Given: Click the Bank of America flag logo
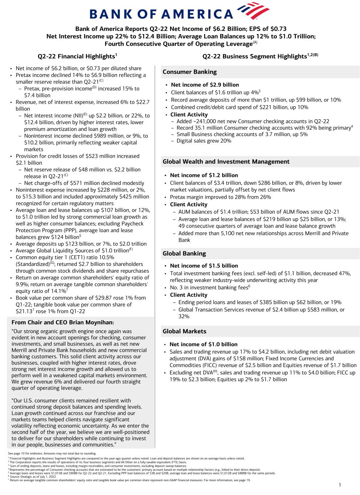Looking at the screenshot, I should coord(252,11).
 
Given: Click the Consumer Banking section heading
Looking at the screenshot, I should coord(190,72).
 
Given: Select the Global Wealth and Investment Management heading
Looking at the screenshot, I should coord(226,162).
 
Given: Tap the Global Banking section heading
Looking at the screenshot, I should coord(184,253).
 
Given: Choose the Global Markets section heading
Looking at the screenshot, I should coord(184,331).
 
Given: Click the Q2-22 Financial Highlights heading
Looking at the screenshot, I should coord(77,56).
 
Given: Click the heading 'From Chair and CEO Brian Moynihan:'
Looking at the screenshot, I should coord(63,322).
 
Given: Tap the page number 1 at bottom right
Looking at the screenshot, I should coord(340,485).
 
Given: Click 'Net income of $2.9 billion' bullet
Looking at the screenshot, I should coord(205,85).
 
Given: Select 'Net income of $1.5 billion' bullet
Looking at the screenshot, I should coord(204,266).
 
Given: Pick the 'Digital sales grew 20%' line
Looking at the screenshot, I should coord(204,141).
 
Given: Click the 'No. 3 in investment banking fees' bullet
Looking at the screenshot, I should coord(209,288).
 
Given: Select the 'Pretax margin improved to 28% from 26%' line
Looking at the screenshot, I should coord(220,197).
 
